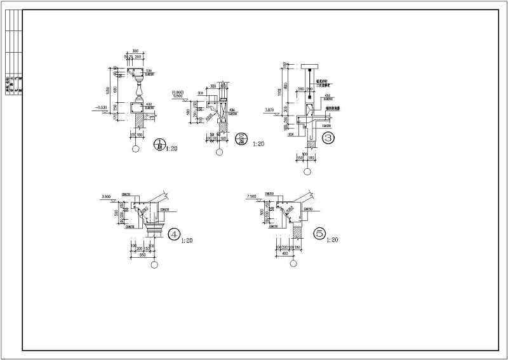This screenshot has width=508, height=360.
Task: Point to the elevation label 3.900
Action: [x=106, y=197]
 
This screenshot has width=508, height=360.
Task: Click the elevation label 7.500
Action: [x=252, y=197]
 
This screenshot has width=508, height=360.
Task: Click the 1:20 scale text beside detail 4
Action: [x=187, y=241]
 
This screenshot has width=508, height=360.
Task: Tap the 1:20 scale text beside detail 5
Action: [x=333, y=241]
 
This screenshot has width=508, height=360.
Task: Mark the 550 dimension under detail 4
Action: [x=144, y=254]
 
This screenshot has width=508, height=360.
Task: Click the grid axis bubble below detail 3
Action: [x=307, y=171]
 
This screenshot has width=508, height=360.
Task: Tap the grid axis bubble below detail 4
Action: [x=153, y=265]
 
